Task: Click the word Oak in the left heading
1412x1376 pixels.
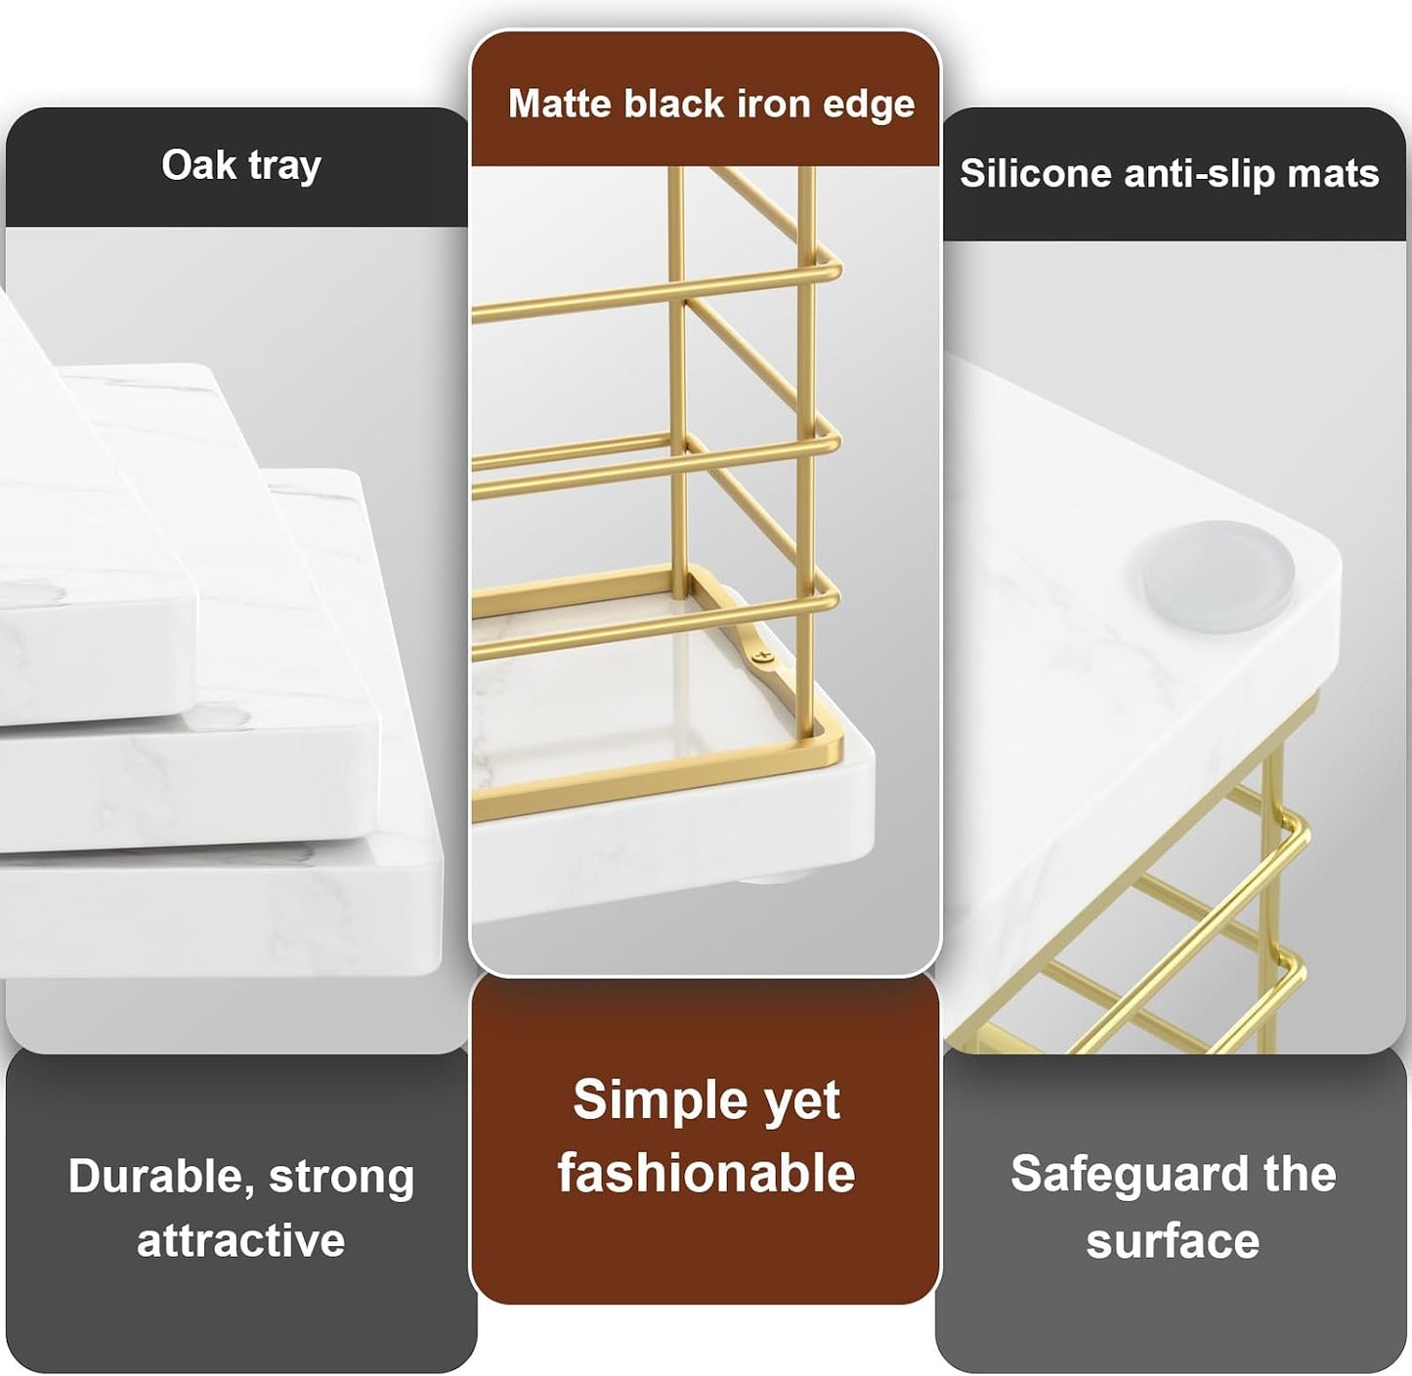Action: pos(198,165)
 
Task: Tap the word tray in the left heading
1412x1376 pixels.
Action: pos(284,168)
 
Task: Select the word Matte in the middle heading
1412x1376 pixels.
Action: pos(560,103)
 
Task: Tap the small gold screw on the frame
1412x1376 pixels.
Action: pos(762,658)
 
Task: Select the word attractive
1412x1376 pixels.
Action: pos(241,1241)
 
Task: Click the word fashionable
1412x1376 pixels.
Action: pos(706,1173)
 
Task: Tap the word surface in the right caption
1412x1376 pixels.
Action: pos(1173,1242)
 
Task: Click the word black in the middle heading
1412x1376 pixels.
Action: pos(674,103)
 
